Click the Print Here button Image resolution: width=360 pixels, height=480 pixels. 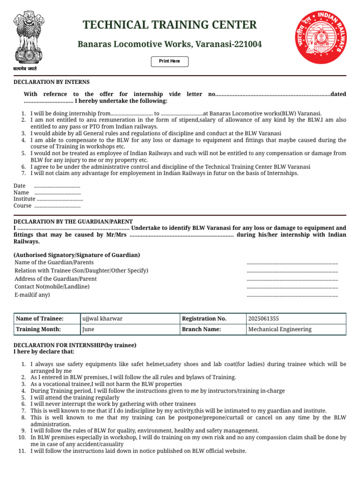point(169,61)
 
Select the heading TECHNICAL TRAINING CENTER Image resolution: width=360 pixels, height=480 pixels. point(170,25)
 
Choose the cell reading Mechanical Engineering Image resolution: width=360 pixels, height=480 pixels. point(279,330)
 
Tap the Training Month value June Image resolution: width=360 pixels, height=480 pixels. point(88,330)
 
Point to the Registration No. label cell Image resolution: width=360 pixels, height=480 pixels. point(204,319)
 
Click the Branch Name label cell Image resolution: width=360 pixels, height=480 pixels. point(201,330)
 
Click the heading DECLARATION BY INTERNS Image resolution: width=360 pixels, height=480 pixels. point(52,82)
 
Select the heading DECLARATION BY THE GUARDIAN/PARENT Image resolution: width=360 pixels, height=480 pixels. point(73,221)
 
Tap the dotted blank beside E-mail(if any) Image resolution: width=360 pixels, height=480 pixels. point(292,296)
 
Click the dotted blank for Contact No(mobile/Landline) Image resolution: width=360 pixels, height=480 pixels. point(292,287)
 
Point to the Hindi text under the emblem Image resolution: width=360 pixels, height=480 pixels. point(25,69)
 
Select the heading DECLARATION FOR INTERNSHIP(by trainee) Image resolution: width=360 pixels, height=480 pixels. point(75,345)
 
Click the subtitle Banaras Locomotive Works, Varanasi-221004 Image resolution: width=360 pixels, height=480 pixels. point(170,45)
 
